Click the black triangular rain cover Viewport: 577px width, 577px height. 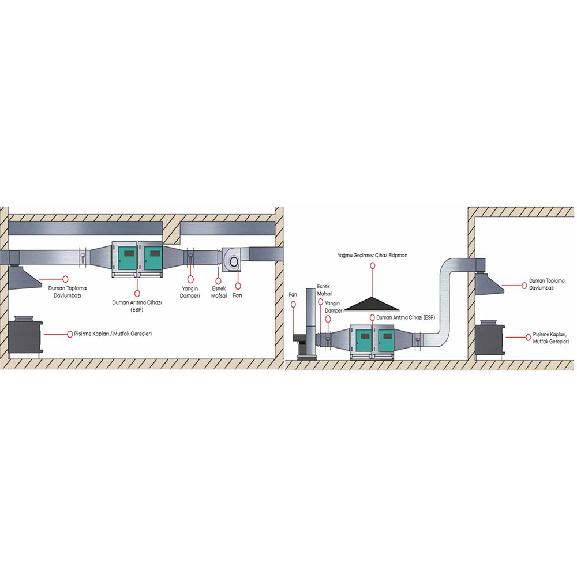(x=372, y=304)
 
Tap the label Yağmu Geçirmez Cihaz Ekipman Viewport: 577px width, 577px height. (x=372, y=256)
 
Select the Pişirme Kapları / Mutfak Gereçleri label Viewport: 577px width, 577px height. (x=113, y=334)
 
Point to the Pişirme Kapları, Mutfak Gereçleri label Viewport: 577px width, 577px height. (x=551, y=338)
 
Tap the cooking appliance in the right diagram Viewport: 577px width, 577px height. (x=489, y=338)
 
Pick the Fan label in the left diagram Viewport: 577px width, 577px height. (x=237, y=295)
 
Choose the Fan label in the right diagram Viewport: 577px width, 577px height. (x=293, y=294)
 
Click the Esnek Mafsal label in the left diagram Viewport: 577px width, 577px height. (x=219, y=292)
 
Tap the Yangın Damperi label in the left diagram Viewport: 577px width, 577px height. (x=190, y=292)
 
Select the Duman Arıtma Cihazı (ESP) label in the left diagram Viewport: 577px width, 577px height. (x=137, y=306)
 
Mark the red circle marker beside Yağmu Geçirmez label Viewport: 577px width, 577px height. (x=373, y=265)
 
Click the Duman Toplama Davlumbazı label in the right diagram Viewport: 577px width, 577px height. (x=547, y=284)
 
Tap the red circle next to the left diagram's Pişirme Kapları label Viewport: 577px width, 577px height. (x=70, y=334)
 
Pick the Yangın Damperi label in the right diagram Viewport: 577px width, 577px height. (x=334, y=307)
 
